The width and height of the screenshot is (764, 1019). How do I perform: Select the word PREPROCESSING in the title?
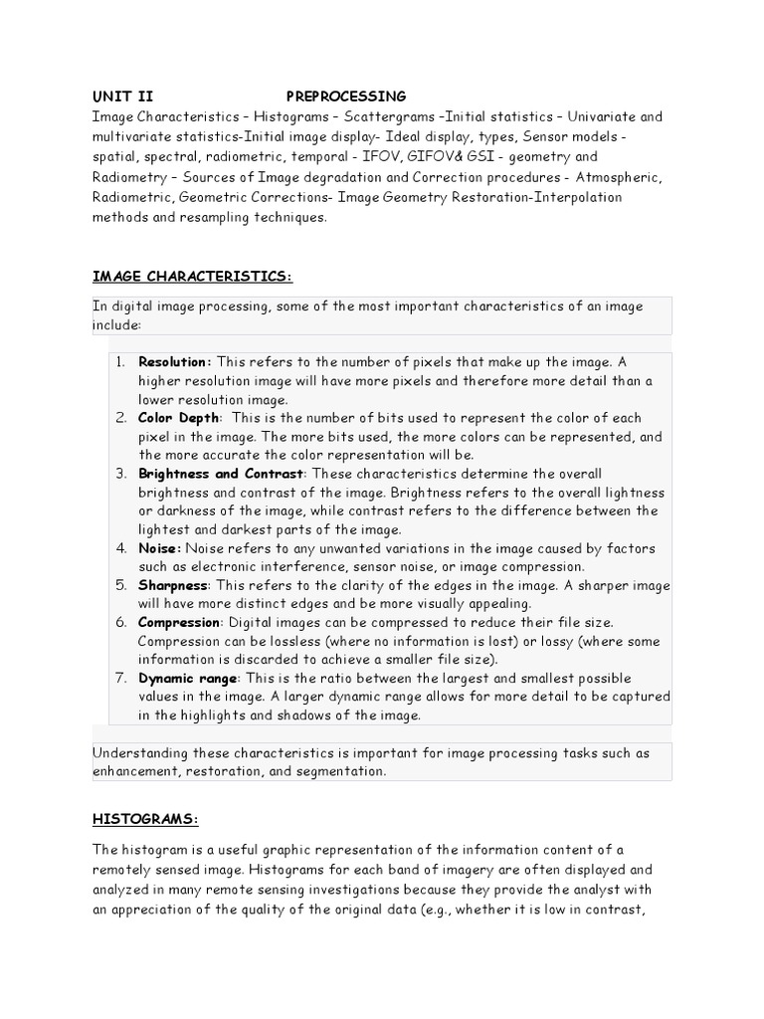click(x=345, y=97)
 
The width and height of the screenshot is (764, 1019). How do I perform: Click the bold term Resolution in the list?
click(x=174, y=362)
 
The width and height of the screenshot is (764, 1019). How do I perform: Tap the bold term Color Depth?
click(x=180, y=418)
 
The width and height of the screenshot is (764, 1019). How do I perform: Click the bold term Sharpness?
click(x=173, y=585)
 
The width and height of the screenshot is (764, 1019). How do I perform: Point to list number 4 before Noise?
click(x=119, y=548)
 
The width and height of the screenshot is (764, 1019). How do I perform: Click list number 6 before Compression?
click(x=119, y=622)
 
